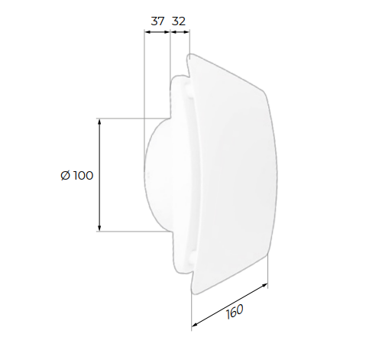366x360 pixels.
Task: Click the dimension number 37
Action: (157, 21)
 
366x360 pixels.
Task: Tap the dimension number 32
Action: (179, 21)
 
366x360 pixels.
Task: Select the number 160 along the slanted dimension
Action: (235, 311)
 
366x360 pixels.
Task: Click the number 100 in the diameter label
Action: (83, 176)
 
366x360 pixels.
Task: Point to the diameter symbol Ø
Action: (66, 176)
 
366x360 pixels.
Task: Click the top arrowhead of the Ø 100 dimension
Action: (99, 122)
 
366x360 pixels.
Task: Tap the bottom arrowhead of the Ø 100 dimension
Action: (99, 229)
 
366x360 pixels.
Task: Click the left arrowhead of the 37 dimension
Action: (147, 32)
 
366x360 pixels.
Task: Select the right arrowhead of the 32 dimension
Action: (186, 32)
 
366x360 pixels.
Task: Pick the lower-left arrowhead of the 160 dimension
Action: (195, 324)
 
